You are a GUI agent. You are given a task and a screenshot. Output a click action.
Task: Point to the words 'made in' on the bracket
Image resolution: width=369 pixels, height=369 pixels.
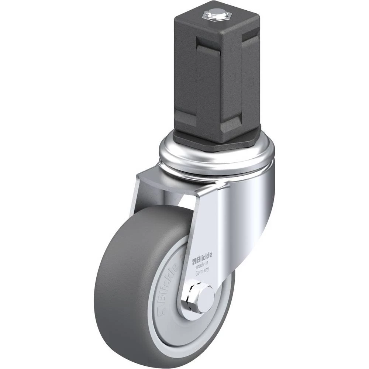click(202, 265)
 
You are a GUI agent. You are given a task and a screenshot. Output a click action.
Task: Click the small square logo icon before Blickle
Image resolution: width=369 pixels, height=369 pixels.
click(194, 260)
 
